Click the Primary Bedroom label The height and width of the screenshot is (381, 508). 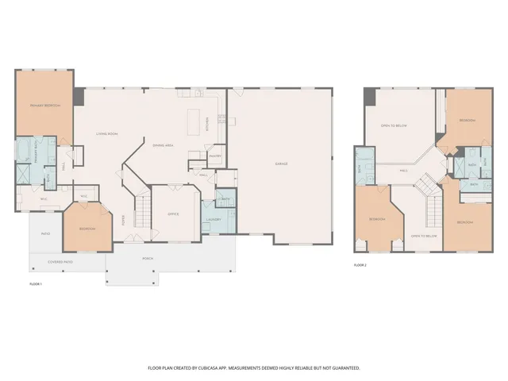tap(45, 106)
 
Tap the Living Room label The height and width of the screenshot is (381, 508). tap(107, 133)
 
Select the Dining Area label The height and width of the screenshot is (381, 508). tap(164, 145)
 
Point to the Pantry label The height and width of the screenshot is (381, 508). tap(214, 156)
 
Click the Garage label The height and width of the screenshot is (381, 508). tap(281, 164)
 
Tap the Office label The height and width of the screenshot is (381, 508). tap(173, 214)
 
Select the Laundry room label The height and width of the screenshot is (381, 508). tap(213, 219)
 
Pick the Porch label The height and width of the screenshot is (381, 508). tap(148, 258)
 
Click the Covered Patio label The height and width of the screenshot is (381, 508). tap(60, 261)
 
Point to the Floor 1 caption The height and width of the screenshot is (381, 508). tap(35, 283)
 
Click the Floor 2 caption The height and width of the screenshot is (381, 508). tap(360, 265)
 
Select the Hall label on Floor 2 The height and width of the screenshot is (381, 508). tap(404, 170)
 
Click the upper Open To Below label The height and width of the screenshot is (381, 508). tap(394, 125)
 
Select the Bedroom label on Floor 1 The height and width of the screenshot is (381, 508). tap(87, 229)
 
